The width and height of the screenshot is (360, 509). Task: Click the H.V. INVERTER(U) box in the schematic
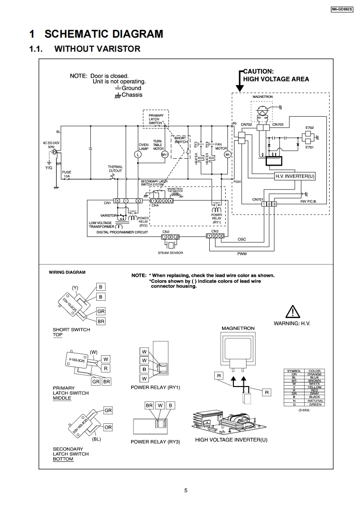[295, 176]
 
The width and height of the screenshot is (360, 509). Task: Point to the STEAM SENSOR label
[170, 253]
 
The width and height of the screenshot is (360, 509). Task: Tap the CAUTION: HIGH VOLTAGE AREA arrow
[239, 81]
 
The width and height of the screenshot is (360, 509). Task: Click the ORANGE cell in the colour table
[314, 374]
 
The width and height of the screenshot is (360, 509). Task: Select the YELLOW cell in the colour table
[314, 387]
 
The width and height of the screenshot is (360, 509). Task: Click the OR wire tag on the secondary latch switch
[108, 427]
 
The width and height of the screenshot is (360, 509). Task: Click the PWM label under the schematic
[242, 254]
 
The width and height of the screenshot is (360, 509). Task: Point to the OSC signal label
[242, 239]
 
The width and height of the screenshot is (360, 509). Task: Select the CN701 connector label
[258, 199]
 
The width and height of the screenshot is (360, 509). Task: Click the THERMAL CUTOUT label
[115, 169]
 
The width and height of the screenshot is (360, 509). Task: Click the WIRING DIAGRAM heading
[67, 272]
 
